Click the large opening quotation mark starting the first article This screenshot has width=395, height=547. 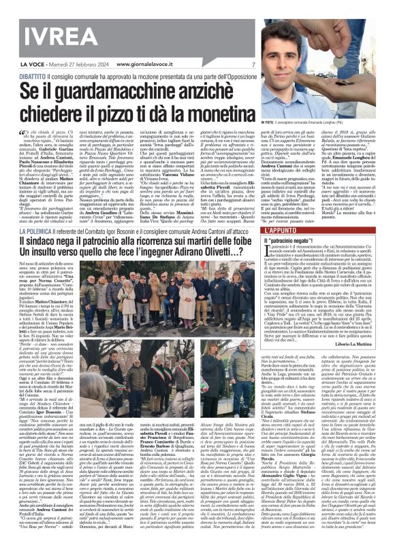(x=21, y=134)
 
